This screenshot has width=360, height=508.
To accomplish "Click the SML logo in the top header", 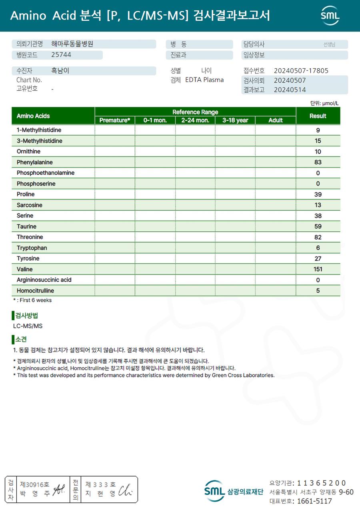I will point(330,16).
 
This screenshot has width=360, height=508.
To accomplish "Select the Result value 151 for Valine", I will point(318,269).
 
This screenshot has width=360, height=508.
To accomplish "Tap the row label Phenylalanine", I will point(35,162).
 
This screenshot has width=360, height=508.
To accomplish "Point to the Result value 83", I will point(318,162).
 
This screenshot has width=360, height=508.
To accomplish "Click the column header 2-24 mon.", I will point(195,120).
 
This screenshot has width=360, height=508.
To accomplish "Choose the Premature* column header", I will point(115,120).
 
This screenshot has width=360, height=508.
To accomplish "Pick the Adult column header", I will point(276,120).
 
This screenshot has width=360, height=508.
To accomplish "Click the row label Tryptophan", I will point(32,248).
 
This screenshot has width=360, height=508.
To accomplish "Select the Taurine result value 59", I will point(318,227).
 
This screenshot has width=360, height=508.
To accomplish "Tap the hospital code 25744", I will point(61,55).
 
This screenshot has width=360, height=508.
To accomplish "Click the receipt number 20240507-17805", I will point(301,71).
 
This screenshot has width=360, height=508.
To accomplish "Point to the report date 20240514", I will point(290,90).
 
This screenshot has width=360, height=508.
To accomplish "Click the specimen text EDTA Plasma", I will point(204,80).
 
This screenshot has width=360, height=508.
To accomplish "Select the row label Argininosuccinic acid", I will point(44,280).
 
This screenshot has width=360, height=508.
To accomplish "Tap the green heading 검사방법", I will point(27,316).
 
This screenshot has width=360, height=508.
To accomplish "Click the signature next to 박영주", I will point(60,488).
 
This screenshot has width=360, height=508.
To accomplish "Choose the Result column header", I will point(318,116).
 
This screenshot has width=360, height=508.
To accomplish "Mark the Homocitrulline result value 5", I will point(318,291).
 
